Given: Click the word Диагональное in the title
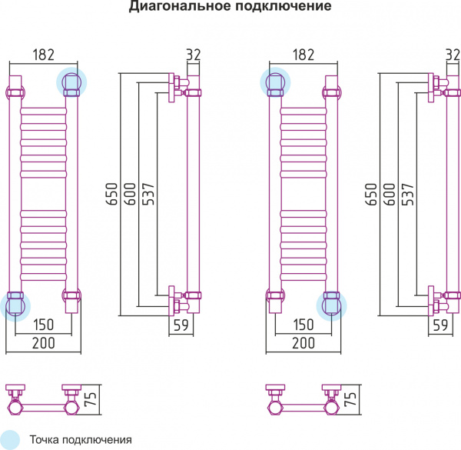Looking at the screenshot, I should pos(177,8).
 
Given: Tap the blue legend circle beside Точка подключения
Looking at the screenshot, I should pos(9,438).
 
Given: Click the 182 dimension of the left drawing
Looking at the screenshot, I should pos(43,55).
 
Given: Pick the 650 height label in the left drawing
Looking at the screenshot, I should pos(112,195).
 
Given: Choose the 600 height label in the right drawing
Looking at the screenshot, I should pos(390,195).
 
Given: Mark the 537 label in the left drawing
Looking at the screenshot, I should pos(149,195).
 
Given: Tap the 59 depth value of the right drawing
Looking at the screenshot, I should pos(440,325).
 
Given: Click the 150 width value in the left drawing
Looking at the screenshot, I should pos(43,325).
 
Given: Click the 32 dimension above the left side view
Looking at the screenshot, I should pos(193,55).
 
